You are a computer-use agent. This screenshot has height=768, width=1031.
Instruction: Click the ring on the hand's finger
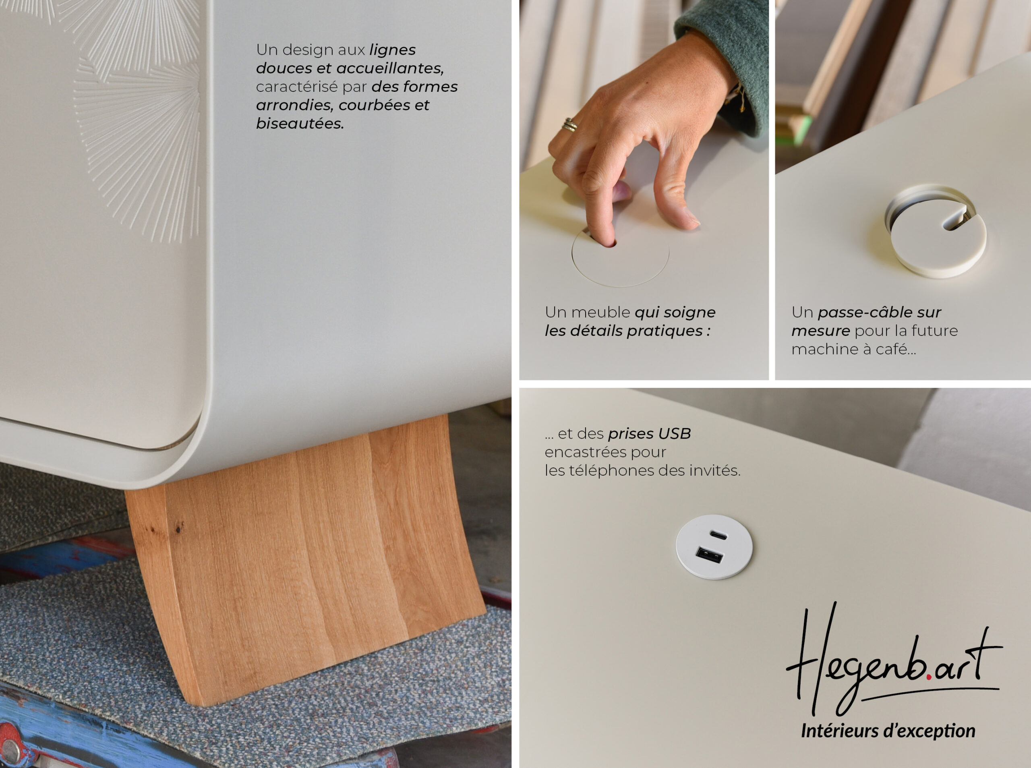(x=570, y=124)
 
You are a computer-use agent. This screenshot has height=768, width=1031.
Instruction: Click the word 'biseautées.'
(x=300, y=124)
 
